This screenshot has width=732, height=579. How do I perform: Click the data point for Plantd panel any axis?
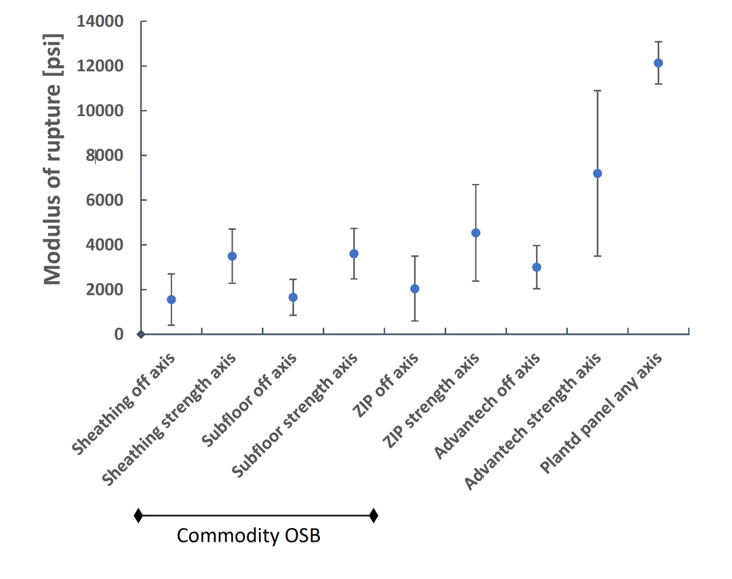point(657,63)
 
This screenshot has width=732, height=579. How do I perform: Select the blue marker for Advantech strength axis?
point(597,173)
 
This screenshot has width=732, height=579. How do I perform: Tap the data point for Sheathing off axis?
point(171,299)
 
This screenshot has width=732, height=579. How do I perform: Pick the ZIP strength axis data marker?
point(476,233)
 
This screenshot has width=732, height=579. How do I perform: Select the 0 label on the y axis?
point(119,334)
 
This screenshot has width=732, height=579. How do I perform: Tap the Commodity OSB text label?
point(248,536)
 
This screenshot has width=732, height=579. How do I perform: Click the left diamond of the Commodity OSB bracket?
point(138,515)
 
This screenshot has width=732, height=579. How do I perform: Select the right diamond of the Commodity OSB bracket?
point(373,515)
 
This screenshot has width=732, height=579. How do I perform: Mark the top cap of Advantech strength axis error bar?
point(597,90)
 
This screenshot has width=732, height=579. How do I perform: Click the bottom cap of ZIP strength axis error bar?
point(476,280)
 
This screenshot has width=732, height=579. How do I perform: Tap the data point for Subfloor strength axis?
point(354,253)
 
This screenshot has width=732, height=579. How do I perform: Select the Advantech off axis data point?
point(536,267)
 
